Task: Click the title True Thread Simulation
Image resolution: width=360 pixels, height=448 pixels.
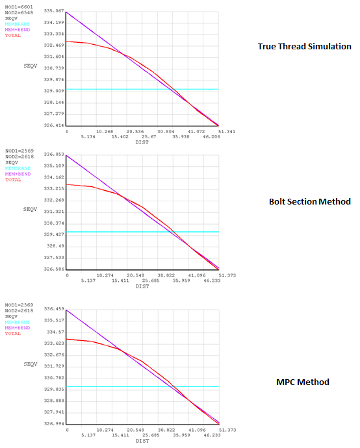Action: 304,47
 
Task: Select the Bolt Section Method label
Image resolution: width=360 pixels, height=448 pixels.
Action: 309,202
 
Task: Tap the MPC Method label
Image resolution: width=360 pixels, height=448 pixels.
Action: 303,382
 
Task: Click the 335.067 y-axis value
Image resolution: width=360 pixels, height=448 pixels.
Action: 54,12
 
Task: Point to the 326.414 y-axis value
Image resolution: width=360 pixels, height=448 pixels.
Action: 54,125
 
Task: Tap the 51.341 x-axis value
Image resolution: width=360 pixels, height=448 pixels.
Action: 218,132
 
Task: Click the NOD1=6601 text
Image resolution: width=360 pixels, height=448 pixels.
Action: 19,6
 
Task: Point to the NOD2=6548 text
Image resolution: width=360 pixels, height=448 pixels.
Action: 19,12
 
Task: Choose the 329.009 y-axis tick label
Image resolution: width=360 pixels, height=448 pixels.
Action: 54,91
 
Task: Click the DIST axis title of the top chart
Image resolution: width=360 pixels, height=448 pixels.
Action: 142,143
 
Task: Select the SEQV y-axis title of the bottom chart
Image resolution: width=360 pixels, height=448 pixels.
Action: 30,364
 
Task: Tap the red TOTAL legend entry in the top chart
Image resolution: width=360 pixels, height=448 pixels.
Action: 13,35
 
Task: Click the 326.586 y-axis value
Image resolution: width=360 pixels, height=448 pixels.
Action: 54,269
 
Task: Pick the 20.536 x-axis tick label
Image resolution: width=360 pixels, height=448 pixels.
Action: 135,132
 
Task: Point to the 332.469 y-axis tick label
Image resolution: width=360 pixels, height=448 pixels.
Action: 54,45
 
